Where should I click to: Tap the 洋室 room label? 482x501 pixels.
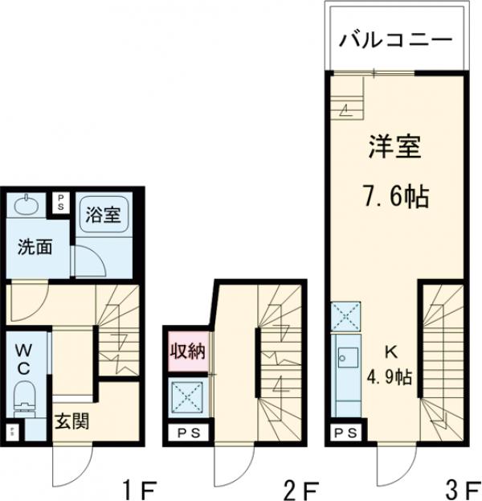click(395, 149)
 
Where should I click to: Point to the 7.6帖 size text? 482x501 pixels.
click(394, 195)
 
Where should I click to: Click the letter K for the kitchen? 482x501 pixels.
click(391, 351)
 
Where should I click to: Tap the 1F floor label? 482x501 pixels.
click(138, 487)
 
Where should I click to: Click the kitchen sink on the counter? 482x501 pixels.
click(347, 355)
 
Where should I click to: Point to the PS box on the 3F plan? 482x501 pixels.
click(346, 433)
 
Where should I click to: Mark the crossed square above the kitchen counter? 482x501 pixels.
click(347, 314)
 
